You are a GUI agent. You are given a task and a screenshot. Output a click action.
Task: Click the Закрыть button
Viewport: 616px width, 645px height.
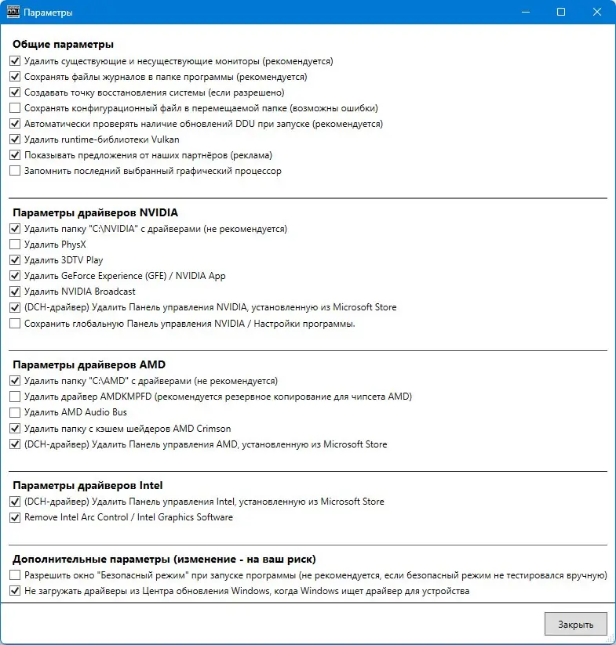[x=575, y=624]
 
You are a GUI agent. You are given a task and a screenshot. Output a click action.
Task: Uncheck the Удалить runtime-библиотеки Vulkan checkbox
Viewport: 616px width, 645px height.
[x=15, y=140]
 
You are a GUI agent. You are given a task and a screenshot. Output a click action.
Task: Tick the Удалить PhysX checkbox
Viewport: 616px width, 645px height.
[x=15, y=245]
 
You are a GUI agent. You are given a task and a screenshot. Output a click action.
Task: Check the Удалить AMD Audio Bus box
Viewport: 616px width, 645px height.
[x=15, y=412]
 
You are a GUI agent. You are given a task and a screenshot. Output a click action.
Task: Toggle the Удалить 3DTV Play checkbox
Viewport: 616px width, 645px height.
[x=15, y=260]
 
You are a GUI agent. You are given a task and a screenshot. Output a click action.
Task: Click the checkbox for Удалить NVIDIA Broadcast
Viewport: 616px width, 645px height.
[x=15, y=292]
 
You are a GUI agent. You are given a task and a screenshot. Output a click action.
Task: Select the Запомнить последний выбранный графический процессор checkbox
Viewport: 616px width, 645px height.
[x=15, y=171]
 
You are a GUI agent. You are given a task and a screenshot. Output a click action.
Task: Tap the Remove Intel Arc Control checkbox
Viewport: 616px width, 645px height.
[x=15, y=517]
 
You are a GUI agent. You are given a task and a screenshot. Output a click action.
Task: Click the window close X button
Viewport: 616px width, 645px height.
[x=597, y=13]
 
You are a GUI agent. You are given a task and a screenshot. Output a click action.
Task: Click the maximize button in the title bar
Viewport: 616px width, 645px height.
[x=561, y=13]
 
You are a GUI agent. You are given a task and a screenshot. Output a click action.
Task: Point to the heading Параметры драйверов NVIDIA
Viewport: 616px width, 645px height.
[x=95, y=212]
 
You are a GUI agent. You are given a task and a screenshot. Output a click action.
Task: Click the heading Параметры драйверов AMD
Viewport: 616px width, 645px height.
[x=89, y=364]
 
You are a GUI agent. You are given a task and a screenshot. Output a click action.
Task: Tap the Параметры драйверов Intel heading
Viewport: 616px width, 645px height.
[x=88, y=485]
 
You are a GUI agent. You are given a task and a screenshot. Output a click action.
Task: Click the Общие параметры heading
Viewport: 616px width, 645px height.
[x=64, y=44]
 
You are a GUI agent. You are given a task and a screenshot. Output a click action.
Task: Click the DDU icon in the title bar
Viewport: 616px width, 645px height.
[x=12, y=13]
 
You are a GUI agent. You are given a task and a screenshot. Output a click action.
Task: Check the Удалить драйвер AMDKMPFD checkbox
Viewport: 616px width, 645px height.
[x=15, y=397]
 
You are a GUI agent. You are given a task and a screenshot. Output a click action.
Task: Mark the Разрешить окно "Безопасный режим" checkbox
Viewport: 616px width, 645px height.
[x=15, y=575]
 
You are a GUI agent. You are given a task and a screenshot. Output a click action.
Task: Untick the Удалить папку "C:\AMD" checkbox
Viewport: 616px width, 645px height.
[x=15, y=381]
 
